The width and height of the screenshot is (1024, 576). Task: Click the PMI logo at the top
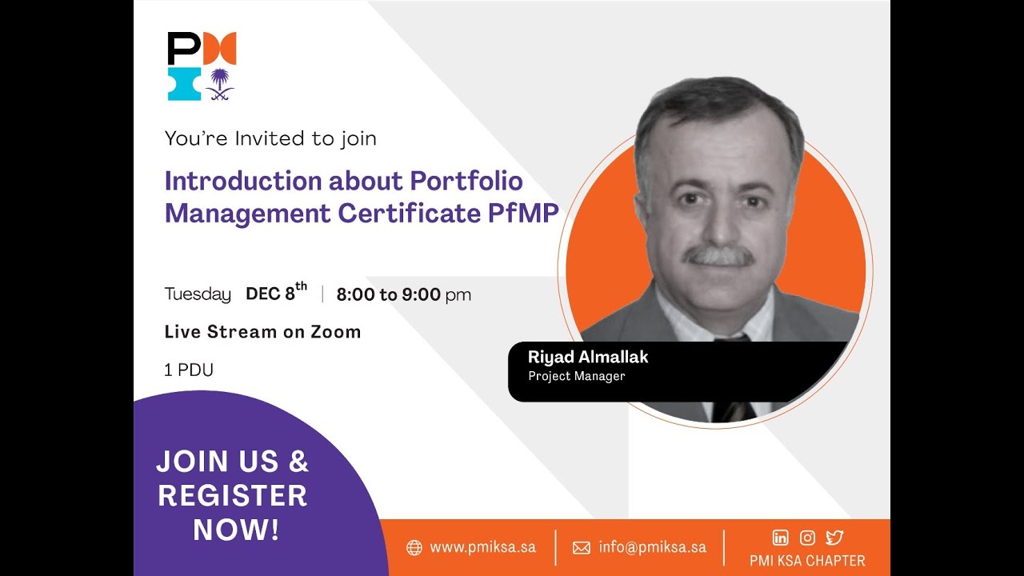(x=202, y=66)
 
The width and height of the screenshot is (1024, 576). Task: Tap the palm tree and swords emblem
(x=219, y=84)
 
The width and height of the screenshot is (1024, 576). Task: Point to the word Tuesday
(x=198, y=294)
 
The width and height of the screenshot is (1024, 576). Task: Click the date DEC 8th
(x=276, y=293)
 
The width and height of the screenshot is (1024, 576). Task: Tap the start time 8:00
(x=355, y=294)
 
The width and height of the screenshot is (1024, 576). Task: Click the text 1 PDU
(x=189, y=370)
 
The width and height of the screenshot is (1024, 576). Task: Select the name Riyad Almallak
(x=588, y=357)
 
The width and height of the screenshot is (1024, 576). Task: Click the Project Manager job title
(x=576, y=376)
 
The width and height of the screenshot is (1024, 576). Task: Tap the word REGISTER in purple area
(x=233, y=496)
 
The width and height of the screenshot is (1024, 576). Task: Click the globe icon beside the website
(x=414, y=548)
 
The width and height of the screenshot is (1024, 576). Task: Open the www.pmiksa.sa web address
(x=482, y=548)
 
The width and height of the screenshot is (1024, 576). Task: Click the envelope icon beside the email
(x=582, y=548)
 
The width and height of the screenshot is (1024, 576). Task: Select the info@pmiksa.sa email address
(x=652, y=548)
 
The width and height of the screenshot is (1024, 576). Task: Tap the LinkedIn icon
(x=780, y=538)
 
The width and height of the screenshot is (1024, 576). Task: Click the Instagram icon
(x=807, y=538)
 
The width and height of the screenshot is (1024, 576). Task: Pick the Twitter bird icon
(x=834, y=538)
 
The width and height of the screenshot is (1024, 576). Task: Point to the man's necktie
(x=732, y=384)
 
